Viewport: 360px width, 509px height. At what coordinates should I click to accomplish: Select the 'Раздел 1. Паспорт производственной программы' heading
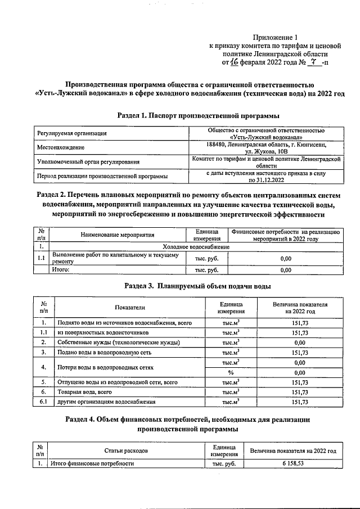coord(197,115)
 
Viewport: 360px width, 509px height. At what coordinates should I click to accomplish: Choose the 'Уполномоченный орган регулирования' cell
coord(88,163)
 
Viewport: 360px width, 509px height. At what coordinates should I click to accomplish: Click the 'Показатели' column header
coord(130,308)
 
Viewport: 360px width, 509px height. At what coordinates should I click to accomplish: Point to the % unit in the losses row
coord(230,372)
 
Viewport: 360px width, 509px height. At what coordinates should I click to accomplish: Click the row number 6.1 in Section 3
coord(43,402)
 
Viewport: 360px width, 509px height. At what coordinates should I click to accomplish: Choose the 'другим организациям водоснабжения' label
coord(106,402)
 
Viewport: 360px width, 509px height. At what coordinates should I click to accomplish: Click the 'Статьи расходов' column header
coord(125,451)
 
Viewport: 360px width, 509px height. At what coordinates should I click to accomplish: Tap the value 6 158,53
coord(293,464)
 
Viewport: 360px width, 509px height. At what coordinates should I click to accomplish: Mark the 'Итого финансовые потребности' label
coord(93,464)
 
